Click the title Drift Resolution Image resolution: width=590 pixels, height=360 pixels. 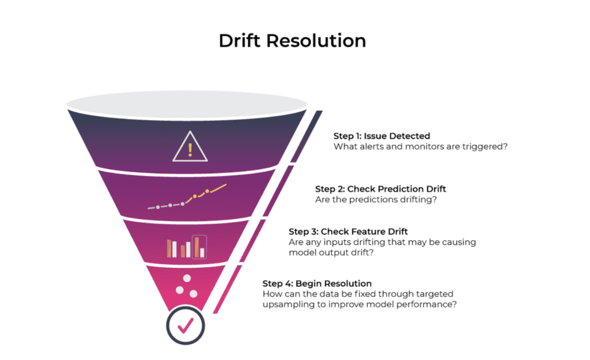(292, 41)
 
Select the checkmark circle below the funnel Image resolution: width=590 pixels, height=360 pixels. (186, 325)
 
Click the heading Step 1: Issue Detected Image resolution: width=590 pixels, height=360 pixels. (381, 136)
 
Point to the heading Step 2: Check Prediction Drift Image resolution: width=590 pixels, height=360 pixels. (380, 189)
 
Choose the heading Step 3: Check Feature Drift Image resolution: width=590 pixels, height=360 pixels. (348, 232)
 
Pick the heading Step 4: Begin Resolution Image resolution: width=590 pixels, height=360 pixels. (317, 283)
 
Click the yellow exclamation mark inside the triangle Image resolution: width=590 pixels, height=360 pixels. (190, 149)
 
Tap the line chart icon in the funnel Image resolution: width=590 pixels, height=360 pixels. (187, 197)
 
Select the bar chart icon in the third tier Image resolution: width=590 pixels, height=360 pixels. (187, 247)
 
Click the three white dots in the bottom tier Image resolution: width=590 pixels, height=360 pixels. (187, 286)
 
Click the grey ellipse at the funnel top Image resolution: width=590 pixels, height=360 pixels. (187, 105)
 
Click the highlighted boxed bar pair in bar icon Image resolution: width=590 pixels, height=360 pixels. (199, 247)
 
